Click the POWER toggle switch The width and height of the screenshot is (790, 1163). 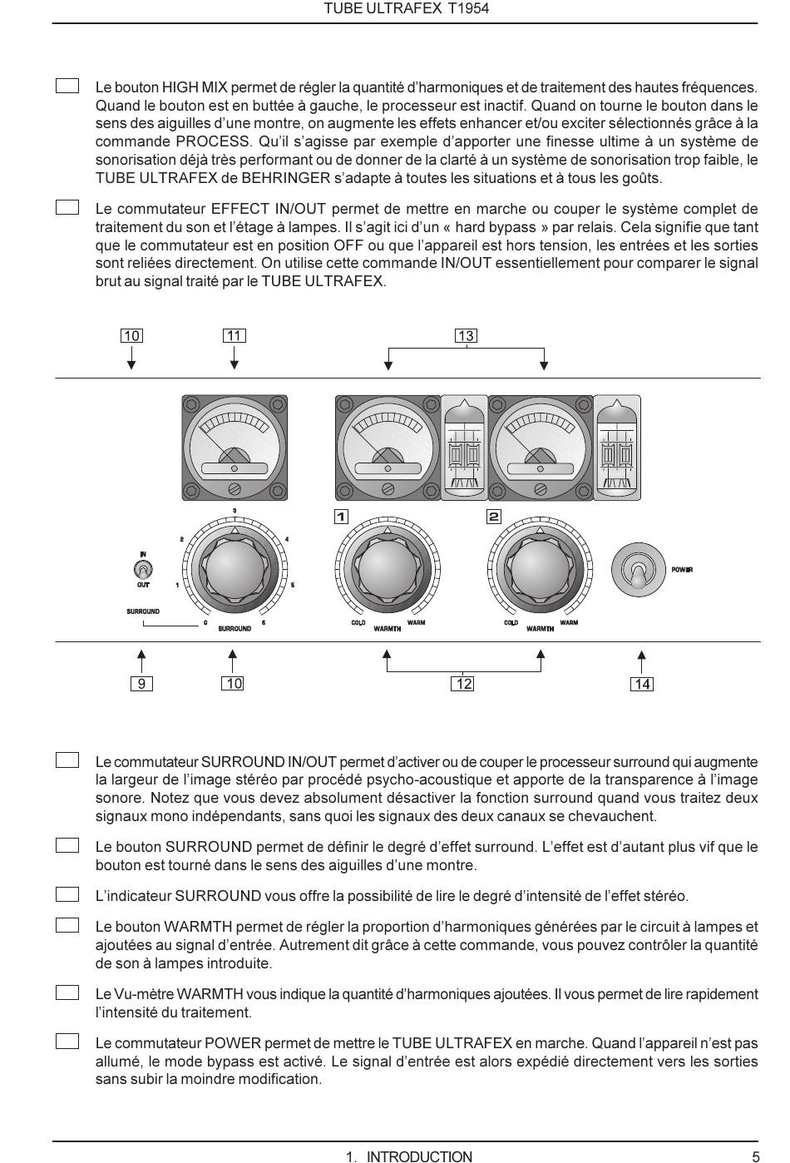pos(638,570)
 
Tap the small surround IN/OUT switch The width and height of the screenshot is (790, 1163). pos(143,570)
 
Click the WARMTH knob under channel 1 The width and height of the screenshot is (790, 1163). pos(387,569)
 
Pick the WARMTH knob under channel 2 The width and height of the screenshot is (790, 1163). pos(540,569)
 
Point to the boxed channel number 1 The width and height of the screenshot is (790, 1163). pos(341,517)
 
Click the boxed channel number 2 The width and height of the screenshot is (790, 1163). pos(494,517)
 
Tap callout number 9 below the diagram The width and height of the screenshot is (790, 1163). pos(142,684)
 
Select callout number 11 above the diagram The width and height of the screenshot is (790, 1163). pos(235,336)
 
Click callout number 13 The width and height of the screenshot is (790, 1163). pos(465,336)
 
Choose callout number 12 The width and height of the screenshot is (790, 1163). pos(463,684)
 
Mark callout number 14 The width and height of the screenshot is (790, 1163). pos(642,685)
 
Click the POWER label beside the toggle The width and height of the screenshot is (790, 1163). pos(682,570)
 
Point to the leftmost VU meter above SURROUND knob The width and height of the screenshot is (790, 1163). pos(235,448)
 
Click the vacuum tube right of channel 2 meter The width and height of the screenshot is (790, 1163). pos(618,448)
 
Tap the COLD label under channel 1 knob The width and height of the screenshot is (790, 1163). pos(358,623)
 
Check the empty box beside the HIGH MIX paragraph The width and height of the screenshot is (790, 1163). pos(67,87)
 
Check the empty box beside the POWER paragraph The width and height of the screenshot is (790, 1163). pos(67,1042)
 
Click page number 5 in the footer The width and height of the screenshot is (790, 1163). pos(755,1156)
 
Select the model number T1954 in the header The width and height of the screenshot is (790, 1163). pos(468,9)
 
